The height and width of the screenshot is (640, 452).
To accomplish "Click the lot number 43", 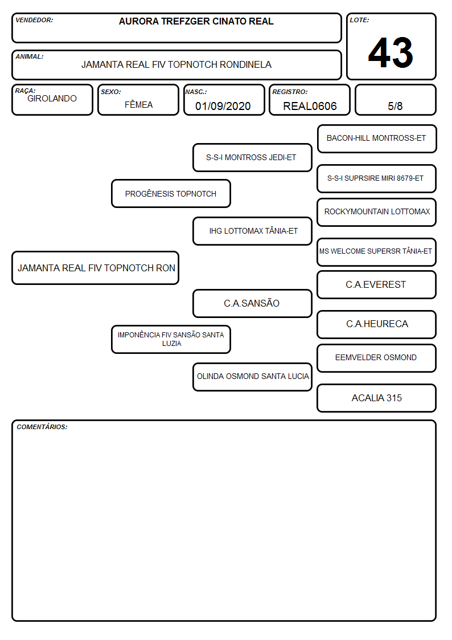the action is click(x=391, y=52).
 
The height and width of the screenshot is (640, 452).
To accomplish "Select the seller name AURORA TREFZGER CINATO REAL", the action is click(x=196, y=21).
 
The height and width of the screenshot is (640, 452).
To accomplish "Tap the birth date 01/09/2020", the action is click(x=223, y=106).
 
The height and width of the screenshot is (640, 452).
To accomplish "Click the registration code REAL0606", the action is click(x=310, y=106).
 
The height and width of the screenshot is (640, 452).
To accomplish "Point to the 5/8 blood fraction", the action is click(x=395, y=106).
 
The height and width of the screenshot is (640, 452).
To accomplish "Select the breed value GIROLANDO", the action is click(x=52, y=99).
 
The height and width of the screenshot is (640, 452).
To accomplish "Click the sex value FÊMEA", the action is click(x=138, y=104).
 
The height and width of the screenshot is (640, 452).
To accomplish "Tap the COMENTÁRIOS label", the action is click(x=42, y=427).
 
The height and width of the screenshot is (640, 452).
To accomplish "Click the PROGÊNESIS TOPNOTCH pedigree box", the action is click(x=171, y=193).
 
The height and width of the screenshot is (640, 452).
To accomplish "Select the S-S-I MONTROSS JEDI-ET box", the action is click(x=252, y=157).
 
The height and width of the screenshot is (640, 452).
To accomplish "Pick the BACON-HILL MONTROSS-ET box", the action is click(x=377, y=139).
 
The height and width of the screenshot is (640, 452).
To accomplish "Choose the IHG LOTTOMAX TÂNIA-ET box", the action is click(x=252, y=231).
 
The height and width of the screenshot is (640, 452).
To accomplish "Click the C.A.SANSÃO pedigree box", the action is click(x=252, y=303).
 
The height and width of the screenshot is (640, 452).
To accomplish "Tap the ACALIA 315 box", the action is click(x=377, y=398).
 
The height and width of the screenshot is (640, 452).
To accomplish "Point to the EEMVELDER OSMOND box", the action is click(x=377, y=358).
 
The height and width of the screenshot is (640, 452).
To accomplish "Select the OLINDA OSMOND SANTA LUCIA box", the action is click(x=252, y=377).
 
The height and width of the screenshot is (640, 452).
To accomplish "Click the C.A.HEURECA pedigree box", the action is click(x=377, y=324).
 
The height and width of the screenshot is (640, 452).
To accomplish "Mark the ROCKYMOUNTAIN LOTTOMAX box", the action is click(x=377, y=212).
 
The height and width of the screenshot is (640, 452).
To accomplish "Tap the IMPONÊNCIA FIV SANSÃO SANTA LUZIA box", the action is click(x=171, y=339).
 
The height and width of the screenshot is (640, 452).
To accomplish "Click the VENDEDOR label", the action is click(x=34, y=20).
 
